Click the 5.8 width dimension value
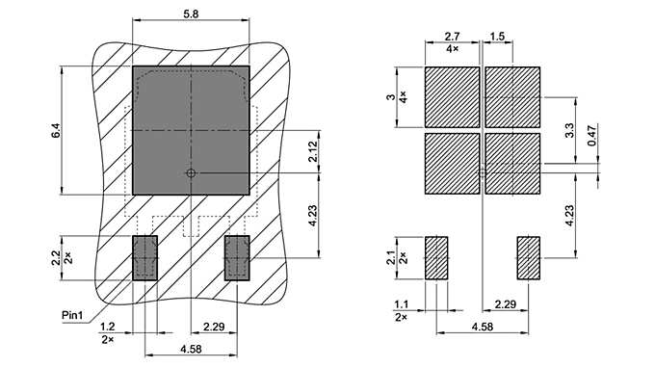click(x=191, y=12)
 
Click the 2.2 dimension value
click(x=55, y=257)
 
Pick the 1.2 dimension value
click(x=108, y=328)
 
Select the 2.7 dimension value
click(x=452, y=36)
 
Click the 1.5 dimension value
click(x=497, y=36)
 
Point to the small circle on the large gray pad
click(x=191, y=173)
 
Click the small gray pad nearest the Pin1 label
click(x=144, y=257)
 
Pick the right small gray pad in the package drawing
click(x=237, y=257)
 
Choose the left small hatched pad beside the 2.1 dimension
click(x=436, y=257)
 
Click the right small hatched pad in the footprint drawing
click(x=529, y=257)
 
